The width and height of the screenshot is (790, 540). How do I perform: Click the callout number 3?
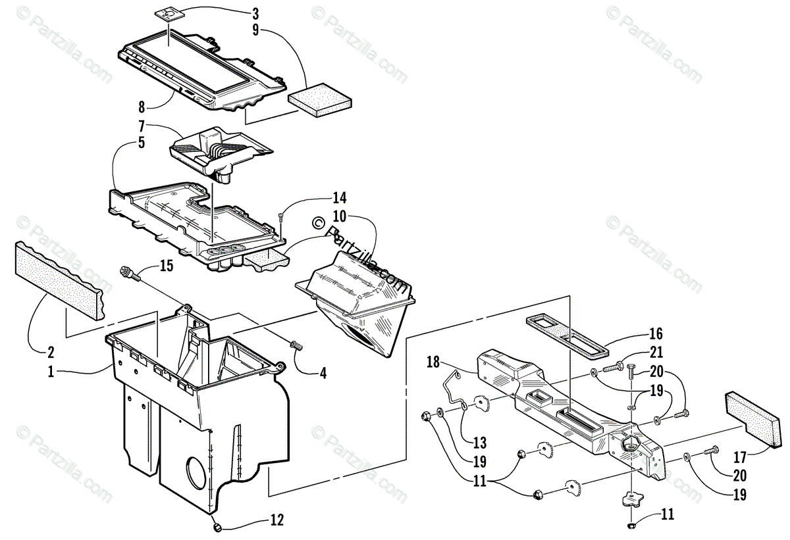pos(255,13)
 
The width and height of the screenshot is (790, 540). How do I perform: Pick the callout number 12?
pos(276,520)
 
